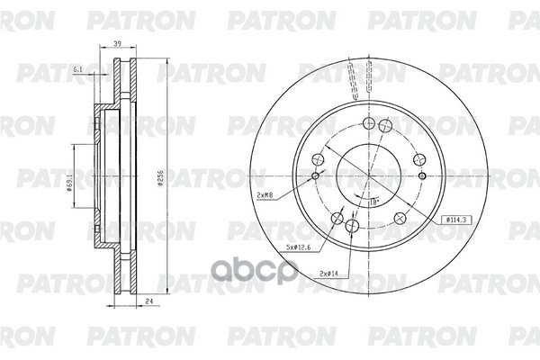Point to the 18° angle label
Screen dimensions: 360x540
371,204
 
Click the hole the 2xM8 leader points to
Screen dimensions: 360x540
314,175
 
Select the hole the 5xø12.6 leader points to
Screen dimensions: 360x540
337,216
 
